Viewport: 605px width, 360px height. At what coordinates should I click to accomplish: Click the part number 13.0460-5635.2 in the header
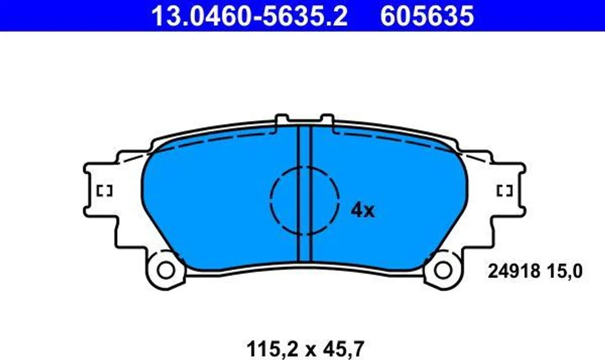coord(250,16)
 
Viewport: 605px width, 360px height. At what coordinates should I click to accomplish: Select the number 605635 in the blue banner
coord(427,16)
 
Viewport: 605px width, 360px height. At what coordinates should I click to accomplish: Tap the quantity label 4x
coord(363,210)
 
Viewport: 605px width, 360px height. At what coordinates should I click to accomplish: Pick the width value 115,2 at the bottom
coord(273,349)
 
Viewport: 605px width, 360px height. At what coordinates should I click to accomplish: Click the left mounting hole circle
coord(166,270)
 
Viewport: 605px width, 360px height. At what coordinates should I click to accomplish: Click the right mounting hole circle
coord(443,270)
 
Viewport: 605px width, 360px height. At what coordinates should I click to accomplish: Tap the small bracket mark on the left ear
coord(104,190)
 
